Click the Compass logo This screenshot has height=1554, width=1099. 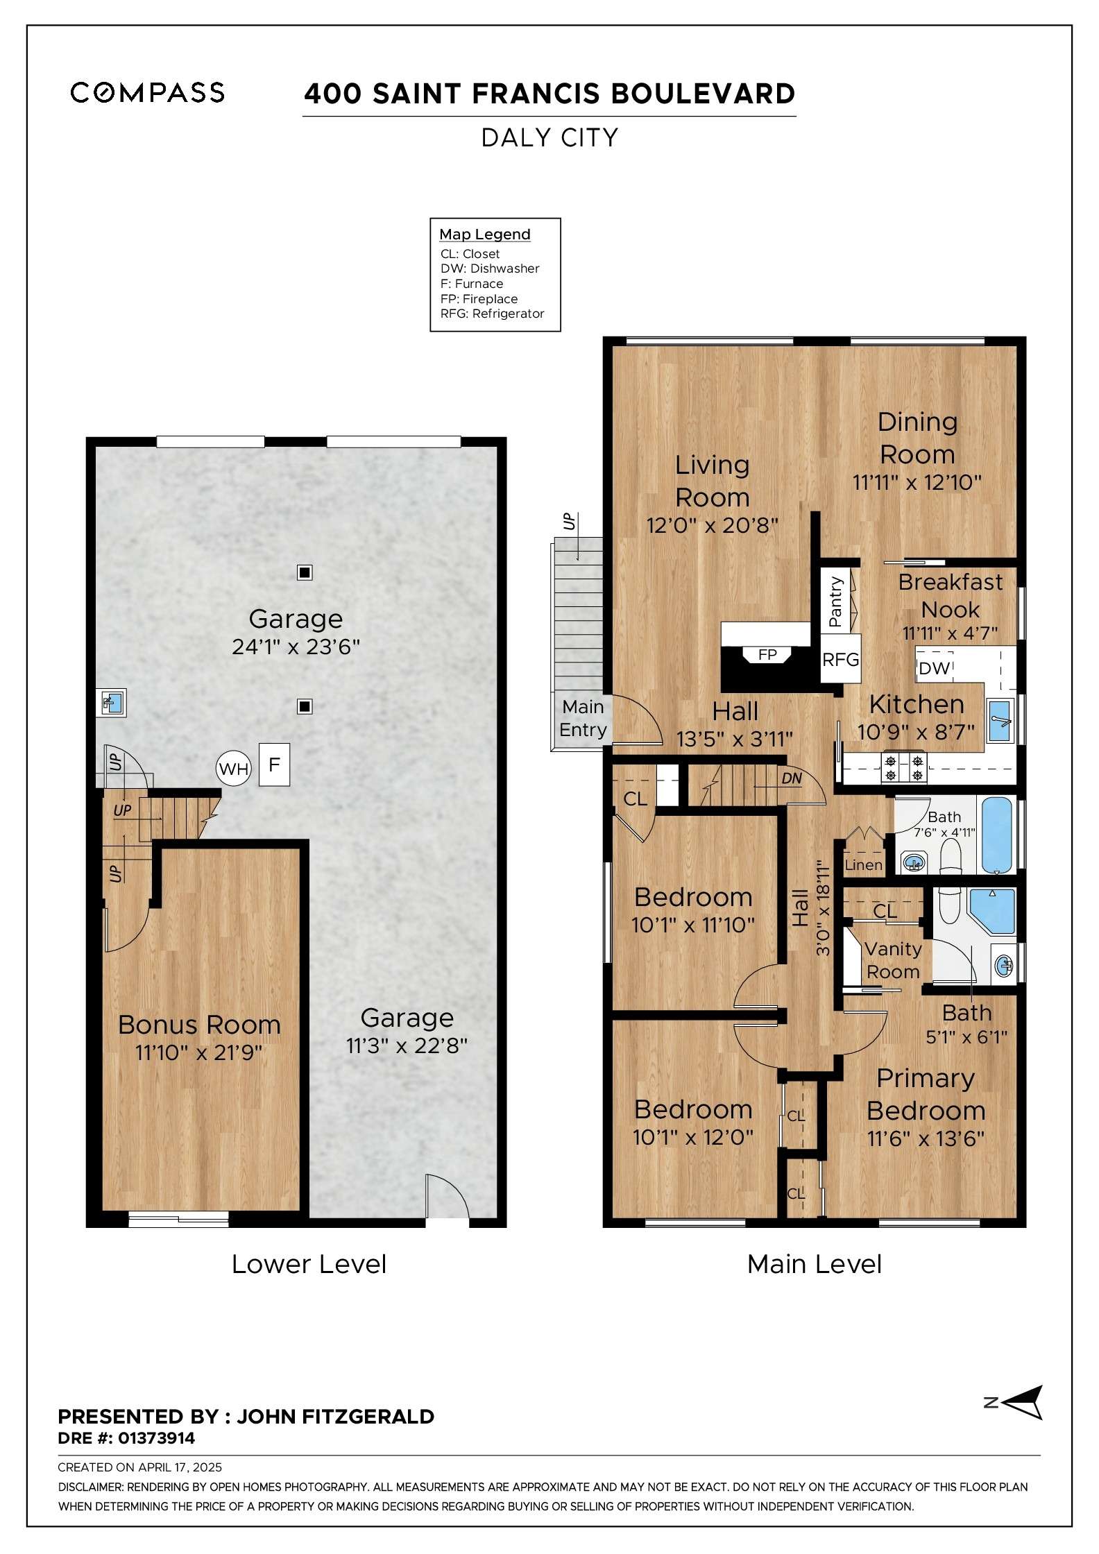coord(147,92)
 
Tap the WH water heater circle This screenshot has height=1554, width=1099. coord(233,769)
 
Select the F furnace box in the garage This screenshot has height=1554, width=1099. coord(274,765)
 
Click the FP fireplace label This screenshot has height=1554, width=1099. coord(767,654)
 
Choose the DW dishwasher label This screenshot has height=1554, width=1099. coord(934,668)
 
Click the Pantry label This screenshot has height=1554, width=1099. coord(835,601)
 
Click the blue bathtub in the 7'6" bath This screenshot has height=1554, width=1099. coord(996,835)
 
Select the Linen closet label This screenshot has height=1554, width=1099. coord(863,865)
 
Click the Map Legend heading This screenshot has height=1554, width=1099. coord(485,234)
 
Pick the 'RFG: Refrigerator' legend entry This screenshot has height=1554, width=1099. coord(492,314)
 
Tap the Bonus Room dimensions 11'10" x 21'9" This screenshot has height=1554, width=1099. coord(199,1052)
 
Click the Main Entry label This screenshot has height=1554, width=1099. coord(583,718)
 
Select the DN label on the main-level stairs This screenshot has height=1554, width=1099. coord(792,778)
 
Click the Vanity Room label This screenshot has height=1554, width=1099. coord(893,960)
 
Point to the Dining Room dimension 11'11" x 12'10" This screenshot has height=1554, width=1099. coord(917,482)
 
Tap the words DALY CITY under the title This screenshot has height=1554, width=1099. coord(549,138)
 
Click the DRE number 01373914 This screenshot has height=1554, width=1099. coord(156,1438)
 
